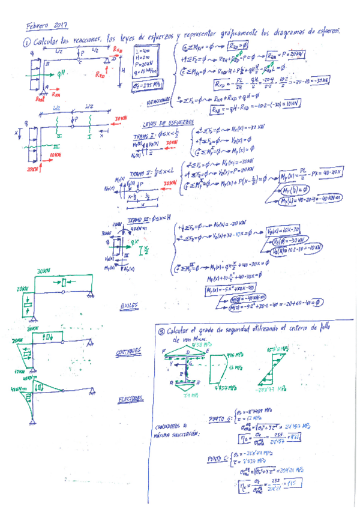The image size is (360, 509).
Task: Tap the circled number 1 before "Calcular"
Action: (28, 43)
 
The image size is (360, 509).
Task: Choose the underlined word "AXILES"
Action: (130, 306)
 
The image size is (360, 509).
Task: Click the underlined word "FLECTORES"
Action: (129, 398)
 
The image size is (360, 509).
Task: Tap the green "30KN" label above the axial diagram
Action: (43, 271)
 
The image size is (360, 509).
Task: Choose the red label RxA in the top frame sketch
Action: (56, 94)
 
